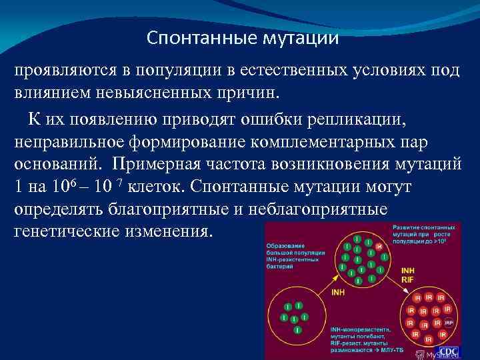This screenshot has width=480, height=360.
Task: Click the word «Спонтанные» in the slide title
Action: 189,38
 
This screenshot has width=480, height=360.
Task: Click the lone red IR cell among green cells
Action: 379,247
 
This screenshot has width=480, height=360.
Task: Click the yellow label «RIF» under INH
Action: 407,281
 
